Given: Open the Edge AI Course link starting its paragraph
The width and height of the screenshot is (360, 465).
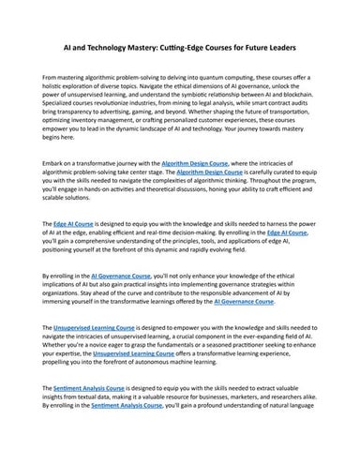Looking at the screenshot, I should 77,226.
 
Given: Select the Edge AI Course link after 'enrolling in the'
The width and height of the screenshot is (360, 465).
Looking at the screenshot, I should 284,234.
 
